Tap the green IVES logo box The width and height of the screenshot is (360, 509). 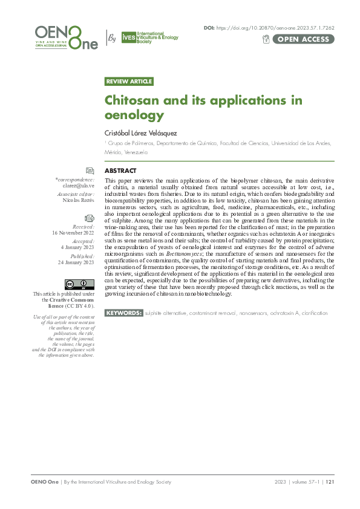[129, 37]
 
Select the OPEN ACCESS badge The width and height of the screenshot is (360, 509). [304, 39]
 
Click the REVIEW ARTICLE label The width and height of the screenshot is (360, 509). [129, 82]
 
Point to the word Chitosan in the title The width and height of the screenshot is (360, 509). [136, 100]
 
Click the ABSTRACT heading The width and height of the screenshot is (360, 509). [120, 171]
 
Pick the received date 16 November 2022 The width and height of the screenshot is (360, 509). [73, 233]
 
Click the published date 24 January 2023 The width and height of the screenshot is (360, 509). [76, 262]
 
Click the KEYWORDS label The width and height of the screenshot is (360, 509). [124, 313]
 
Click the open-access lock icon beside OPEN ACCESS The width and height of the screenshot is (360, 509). [266, 39]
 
